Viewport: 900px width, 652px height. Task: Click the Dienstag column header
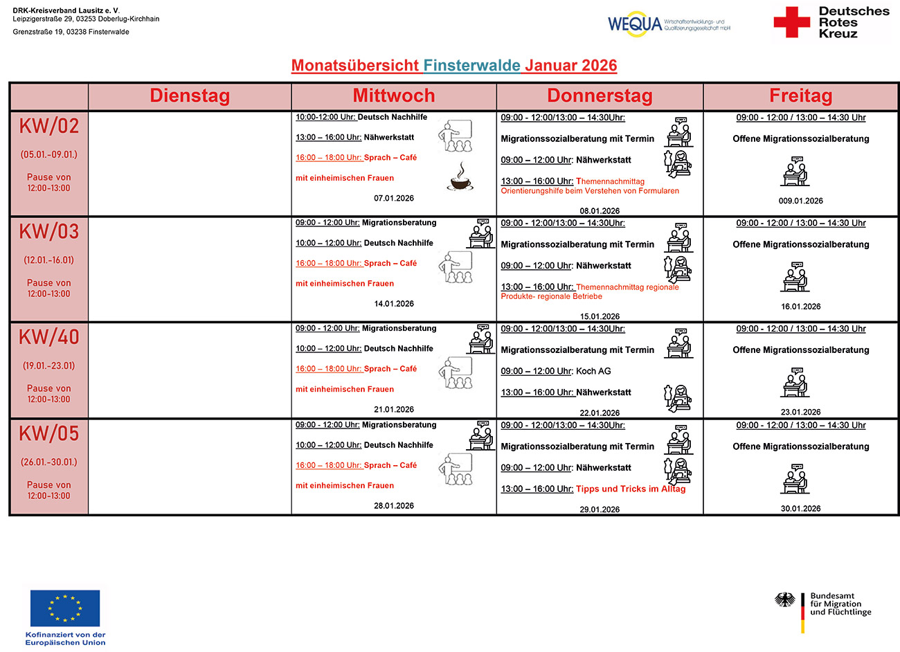[x=190, y=96]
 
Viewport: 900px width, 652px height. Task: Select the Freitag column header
[x=800, y=96]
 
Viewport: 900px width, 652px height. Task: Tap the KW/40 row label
[x=49, y=337]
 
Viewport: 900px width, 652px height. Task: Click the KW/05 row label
[x=49, y=434]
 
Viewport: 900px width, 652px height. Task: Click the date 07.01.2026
[x=394, y=199]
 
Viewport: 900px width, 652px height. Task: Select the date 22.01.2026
[x=600, y=413]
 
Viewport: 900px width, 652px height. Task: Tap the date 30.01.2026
[x=800, y=509]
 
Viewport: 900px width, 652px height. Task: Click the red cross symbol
[x=791, y=22]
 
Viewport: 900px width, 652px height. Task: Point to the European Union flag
[x=65, y=608]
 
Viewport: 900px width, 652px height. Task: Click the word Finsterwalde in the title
[x=471, y=66]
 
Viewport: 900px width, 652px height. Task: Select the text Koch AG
[x=593, y=371]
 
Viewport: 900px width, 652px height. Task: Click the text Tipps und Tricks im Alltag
[x=631, y=489]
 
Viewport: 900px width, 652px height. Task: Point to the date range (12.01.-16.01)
[x=49, y=260]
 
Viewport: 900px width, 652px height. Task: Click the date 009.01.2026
[x=800, y=201]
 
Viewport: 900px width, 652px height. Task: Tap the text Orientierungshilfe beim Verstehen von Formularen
[x=590, y=191]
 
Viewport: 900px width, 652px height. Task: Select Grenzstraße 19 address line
[x=71, y=32]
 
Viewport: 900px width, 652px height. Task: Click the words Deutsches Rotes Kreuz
[x=853, y=22]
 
